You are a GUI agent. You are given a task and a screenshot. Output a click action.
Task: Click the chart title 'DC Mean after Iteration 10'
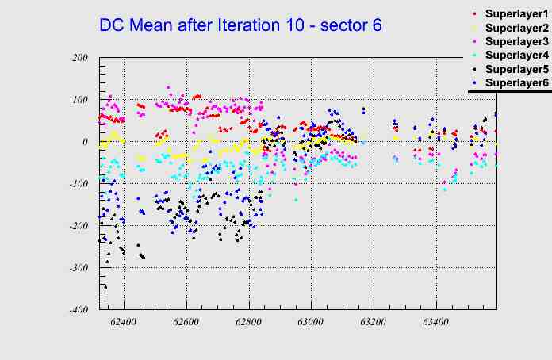pyautogui.click(x=240, y=25)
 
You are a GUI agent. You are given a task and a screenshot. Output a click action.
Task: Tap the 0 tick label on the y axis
pyautogui.click(x=85, y=142)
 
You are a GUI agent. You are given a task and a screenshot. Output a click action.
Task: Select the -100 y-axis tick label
pyautogui.click(x=77, y=184)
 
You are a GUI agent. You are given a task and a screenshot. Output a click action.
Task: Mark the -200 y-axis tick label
pyautogui.click(x=77, y=226)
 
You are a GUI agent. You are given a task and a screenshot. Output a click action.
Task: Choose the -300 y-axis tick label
pyautogui.click(x=77, y=268)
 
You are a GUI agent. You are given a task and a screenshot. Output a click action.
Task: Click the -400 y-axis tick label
pyautogui.click(x=77, y=310)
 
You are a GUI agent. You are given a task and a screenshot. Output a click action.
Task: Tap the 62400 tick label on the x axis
pyautogui.click(x=124, y=323)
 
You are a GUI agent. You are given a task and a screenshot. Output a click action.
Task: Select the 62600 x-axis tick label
pyautogui.click(x=186, y=323)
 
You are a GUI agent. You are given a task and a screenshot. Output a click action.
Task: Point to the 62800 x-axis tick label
pyautogui.click(x=248, y=323)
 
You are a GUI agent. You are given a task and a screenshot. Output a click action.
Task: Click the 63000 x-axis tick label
pyautogui.click(x=311, y=323)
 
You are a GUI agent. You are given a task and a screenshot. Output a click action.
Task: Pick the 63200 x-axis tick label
pyautogui.click(x=373, y=323)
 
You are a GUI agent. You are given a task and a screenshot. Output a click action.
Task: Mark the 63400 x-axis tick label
pyautogui.click(x=435, y=323)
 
